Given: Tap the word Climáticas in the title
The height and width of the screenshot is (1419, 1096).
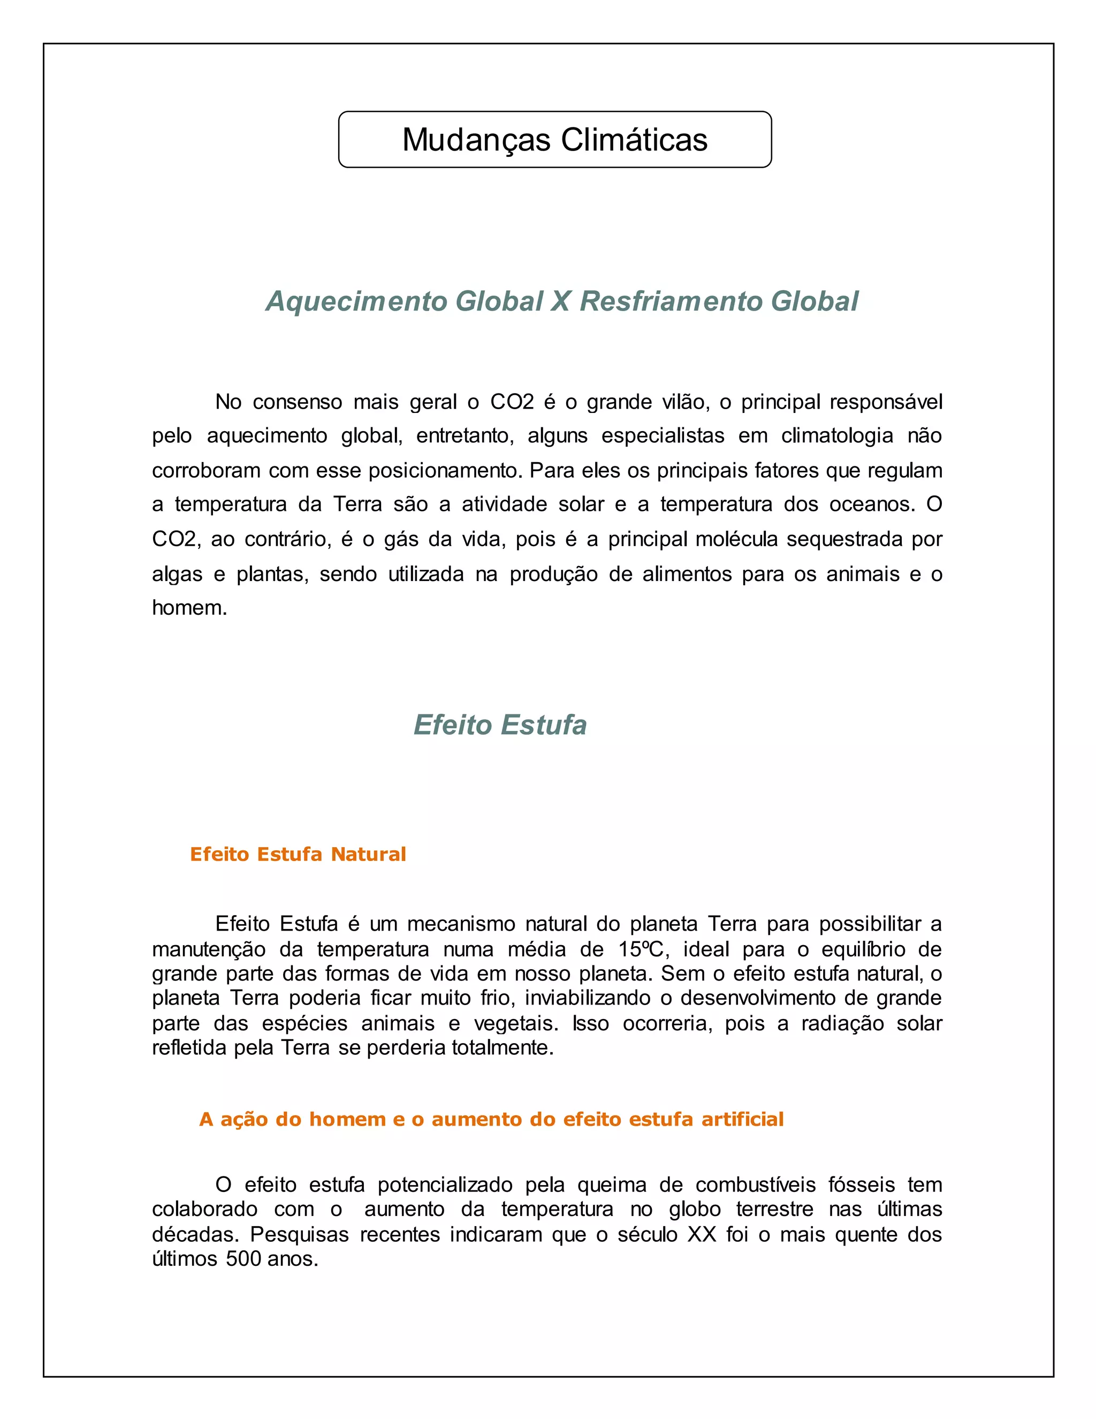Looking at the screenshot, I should pos(634,140).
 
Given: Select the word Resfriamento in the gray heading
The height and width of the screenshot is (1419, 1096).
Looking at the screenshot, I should pos(670,301).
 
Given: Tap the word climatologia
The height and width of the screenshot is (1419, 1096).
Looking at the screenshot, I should pos(838,436).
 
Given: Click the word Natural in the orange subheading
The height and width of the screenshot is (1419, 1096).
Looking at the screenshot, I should pos(368,855).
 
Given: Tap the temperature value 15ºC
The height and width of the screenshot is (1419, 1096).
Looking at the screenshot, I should pos(641,950).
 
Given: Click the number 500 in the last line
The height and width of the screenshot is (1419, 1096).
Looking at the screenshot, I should pos(243,1259).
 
